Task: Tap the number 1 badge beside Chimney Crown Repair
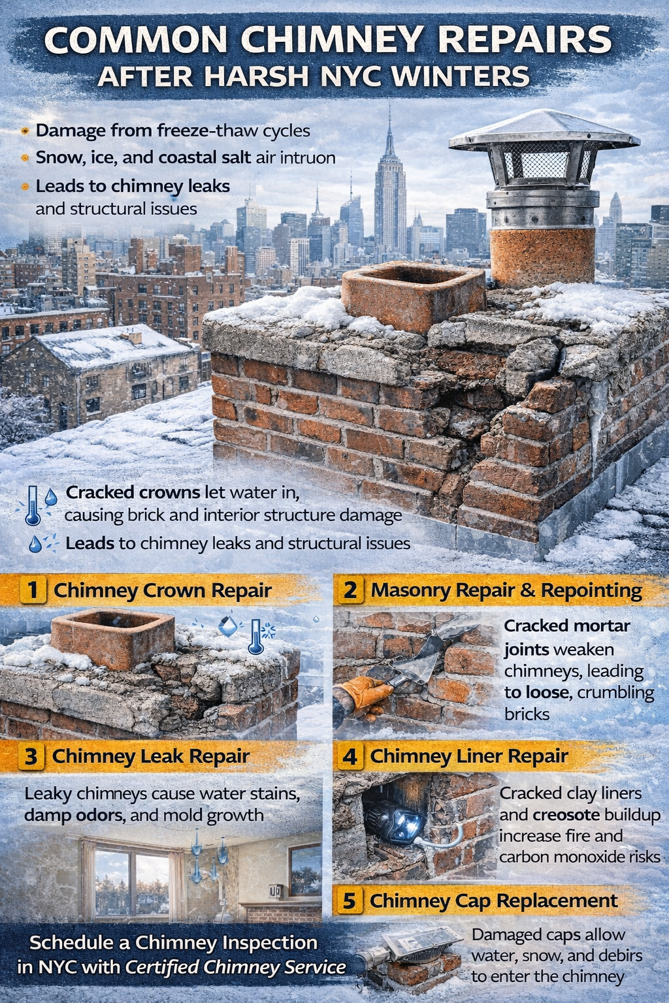tap(32, 590)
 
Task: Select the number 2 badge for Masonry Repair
tap(350, 590)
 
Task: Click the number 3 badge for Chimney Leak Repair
tap(31, 756)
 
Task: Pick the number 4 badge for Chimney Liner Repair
tap(350, 756)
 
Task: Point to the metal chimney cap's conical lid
tap(544, 130)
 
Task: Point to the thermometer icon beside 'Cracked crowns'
tap(33, 505)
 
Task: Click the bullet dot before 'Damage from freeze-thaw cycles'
tap(25, 131)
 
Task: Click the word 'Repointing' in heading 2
tap(591, 590)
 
